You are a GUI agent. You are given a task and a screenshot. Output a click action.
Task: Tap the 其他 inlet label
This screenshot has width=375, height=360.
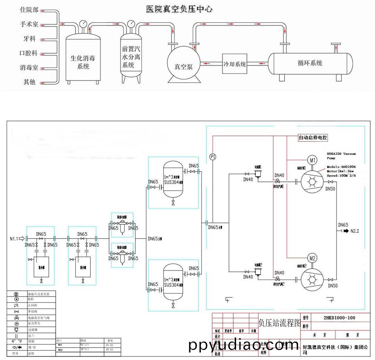(29, 82)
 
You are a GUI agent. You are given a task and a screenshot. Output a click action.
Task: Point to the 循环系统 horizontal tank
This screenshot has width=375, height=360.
(310, 63)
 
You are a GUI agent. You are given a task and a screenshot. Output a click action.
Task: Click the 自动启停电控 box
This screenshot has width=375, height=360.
(313, 138)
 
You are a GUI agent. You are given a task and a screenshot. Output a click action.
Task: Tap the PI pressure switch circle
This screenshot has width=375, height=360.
(212, 157)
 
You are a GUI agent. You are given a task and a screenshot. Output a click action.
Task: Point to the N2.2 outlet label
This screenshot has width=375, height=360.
(355, 231)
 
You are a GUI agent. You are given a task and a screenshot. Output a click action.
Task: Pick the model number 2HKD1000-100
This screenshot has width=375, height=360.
(339, 318)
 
